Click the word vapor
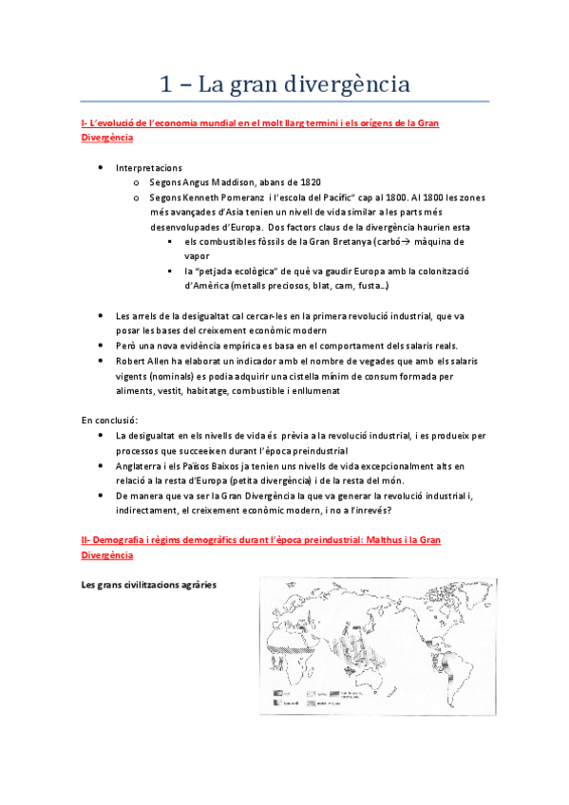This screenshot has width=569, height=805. [197, 256]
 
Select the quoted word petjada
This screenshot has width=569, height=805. [226, 271]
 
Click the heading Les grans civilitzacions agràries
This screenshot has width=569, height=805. [149, 585]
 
